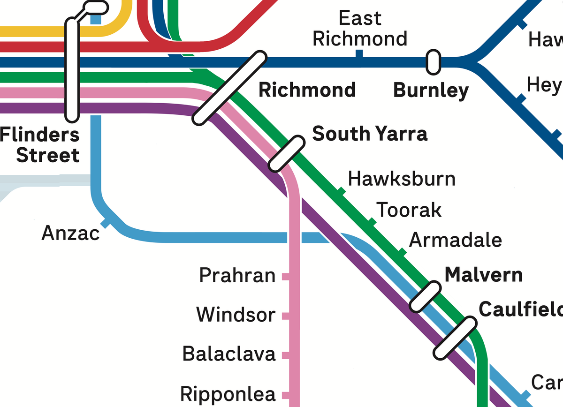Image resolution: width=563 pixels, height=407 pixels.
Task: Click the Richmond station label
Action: point(307,90)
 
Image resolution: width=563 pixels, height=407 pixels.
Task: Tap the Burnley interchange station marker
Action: point(433,62)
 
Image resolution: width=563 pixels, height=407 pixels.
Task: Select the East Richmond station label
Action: point(360,29)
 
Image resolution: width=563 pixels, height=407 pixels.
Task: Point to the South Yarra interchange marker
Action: point(286,153)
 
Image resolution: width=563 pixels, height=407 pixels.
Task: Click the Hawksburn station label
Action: point(402,179)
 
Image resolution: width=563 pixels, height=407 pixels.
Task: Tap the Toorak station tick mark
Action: point(371,222)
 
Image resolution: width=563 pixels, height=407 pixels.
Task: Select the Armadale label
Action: point(456,240)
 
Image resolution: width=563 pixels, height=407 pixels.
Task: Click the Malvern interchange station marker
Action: point(425,297)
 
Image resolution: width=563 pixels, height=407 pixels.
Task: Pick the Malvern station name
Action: point(483,274)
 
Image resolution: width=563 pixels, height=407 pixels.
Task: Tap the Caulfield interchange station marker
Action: point(455,339)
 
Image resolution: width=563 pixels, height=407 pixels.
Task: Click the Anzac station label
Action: point(71,233)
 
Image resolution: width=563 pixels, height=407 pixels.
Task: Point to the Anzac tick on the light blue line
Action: point(107,223)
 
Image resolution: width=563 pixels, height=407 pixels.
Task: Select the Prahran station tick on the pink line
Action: point(285,277)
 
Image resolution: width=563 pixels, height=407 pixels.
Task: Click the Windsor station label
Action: point(236,314)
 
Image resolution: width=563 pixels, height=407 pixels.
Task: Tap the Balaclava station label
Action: point(228,354)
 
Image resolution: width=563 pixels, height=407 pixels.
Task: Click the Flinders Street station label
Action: point(40,145)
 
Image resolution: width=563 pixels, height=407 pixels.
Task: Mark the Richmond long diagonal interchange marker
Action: point(229,88)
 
